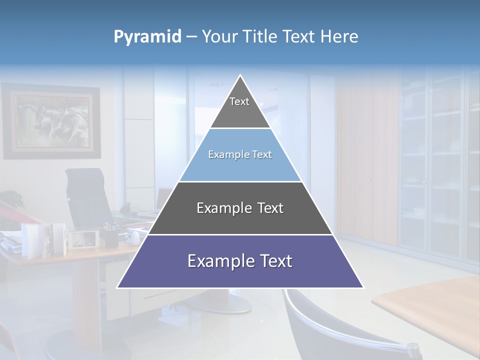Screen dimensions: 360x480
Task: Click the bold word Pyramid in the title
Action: pos(147,37)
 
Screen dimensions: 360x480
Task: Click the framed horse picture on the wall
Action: pos(52,121)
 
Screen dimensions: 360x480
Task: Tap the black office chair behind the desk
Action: pos(87,197)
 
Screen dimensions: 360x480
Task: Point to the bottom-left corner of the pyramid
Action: pos(117,287)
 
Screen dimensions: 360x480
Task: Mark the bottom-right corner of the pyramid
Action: pos(363,287)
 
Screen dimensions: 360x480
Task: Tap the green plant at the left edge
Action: pos(11,200)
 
